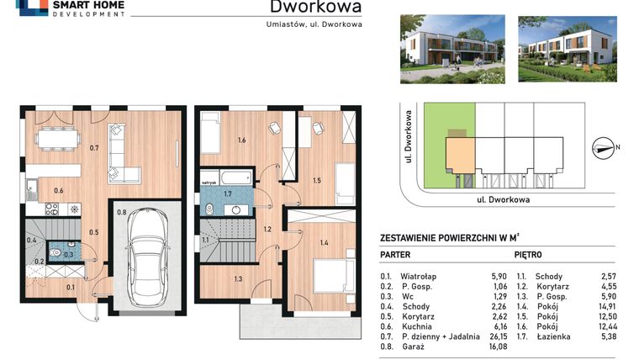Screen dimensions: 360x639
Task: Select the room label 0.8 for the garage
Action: (x=121, y=213)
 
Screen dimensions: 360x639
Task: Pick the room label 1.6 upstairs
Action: (x=241, y=140)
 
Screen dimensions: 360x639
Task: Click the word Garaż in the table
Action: (x=412, y=346)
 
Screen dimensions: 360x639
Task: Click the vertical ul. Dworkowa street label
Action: (x=405, y=140)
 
